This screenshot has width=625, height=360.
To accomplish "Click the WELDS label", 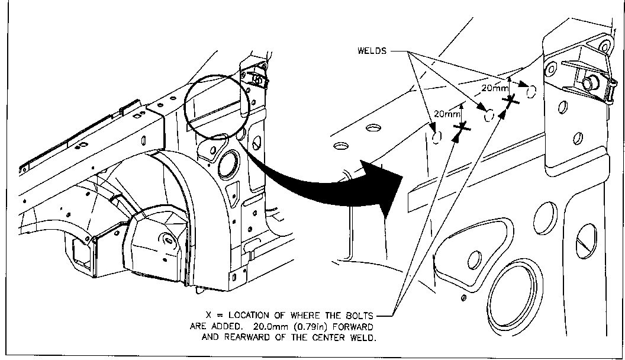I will [372, 51].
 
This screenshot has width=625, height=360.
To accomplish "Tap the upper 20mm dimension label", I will [494, 88].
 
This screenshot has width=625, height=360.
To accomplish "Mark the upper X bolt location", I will [510, 102].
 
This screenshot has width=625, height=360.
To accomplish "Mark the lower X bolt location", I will [462, 126].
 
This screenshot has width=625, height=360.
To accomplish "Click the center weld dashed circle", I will [489, 116].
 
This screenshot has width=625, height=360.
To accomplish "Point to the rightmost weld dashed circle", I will [531, 91].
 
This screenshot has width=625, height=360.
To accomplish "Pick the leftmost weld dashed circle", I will [437, 137].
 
